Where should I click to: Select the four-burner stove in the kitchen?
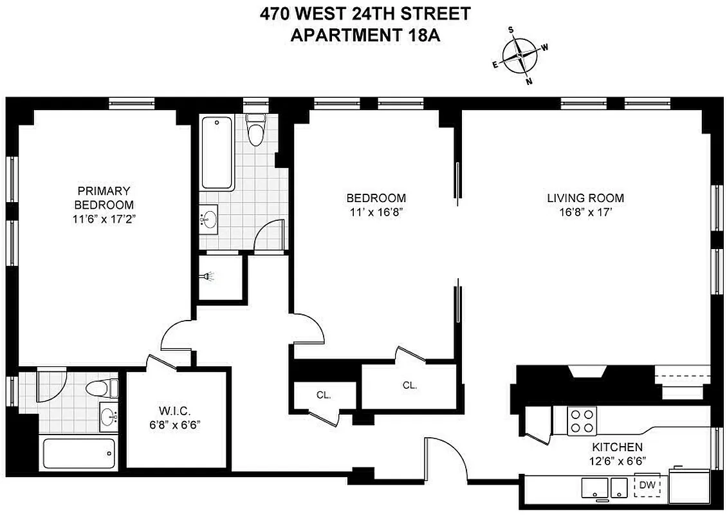582,421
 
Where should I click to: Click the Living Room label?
585,198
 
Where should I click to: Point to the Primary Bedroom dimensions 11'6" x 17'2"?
104,218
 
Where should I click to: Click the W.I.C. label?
173,411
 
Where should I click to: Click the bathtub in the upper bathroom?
216,152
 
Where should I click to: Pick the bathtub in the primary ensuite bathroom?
79,454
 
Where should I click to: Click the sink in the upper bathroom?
208,220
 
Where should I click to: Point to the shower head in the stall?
207,277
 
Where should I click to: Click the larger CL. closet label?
409,386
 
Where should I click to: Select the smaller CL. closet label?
324,395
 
